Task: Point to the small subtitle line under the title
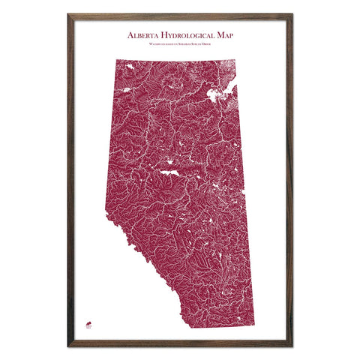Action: (180, 45)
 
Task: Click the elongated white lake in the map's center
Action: (169, 173)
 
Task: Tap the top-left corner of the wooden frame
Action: (68, 14)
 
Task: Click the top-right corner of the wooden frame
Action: (292, 14)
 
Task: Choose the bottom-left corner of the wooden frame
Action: (68, 346)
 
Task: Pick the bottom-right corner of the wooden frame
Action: (292, 346)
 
